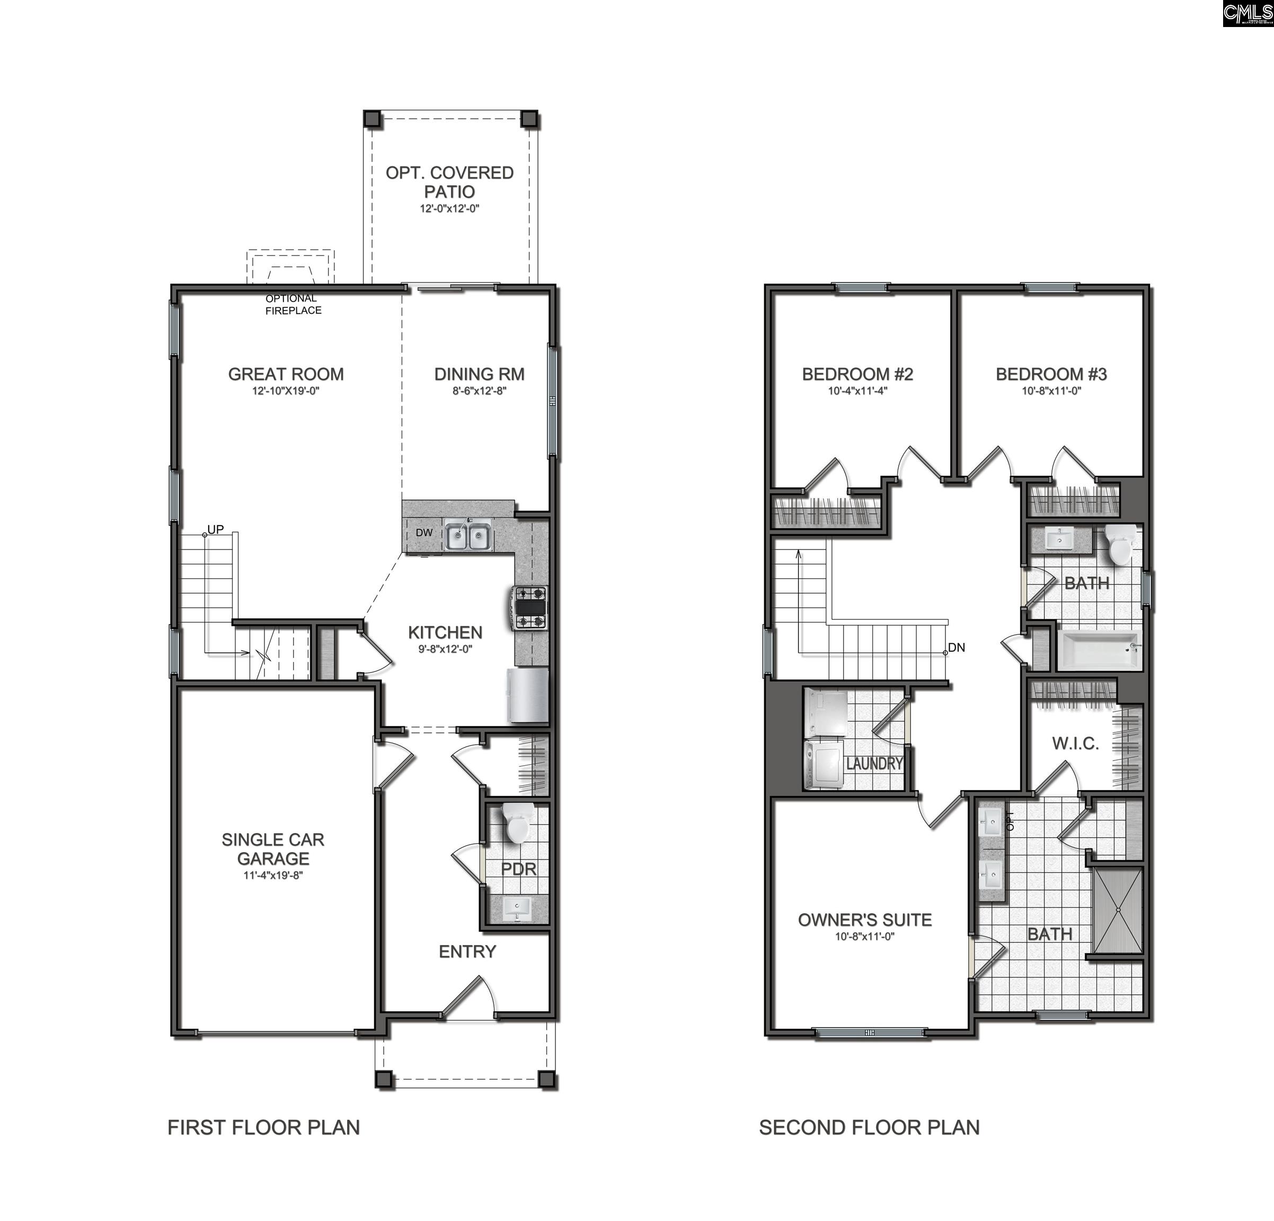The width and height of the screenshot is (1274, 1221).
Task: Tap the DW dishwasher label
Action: pos(424,533)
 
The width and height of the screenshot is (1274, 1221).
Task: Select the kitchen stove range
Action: pos(530,607)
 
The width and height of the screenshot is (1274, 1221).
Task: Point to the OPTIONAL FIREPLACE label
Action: pos(293,304)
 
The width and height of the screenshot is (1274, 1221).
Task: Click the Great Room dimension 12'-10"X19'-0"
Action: pos(286,391)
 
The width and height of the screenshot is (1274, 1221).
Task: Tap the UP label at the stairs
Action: pos(215,529)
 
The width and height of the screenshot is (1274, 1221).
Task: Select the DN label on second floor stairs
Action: pos(956,647)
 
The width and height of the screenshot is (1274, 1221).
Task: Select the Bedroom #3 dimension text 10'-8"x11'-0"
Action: pos(1051,391)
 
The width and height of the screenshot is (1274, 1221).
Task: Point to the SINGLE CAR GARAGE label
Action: pos(273,848)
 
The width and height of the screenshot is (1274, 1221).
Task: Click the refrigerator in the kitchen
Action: pos(528,696)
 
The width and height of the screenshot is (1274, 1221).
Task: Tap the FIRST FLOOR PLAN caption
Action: pos(263,1127)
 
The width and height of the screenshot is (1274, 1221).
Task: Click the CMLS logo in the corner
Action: pos(1246,13)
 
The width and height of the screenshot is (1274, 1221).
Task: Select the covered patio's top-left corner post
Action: pos(371,119)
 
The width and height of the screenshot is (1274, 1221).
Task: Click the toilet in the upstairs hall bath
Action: pos(1119,547)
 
